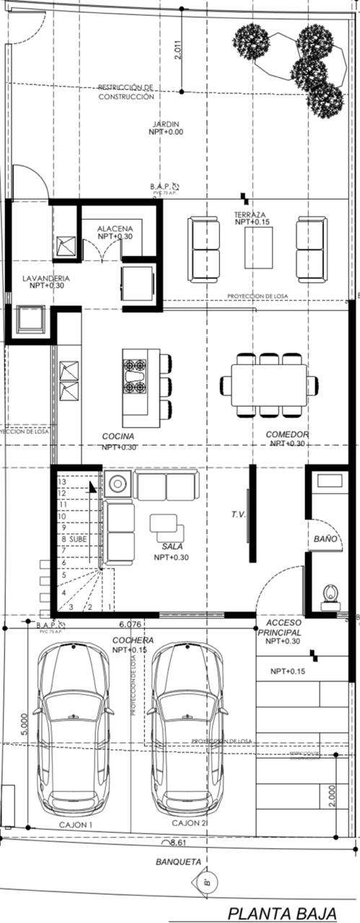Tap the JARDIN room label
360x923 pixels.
(x=166, y=123)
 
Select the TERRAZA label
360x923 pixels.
(x=250, y=215)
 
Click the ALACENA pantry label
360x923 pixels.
(x=115, y=229)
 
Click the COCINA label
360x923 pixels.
(x=118, y=436)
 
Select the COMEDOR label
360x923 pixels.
(x=287, y=435)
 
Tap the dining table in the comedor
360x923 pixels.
(x=268, y=385)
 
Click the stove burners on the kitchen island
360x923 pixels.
(x=135, y=376)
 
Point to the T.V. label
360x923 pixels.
(x=239, y=515)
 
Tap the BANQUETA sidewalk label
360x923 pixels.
(x=176, y=861)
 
